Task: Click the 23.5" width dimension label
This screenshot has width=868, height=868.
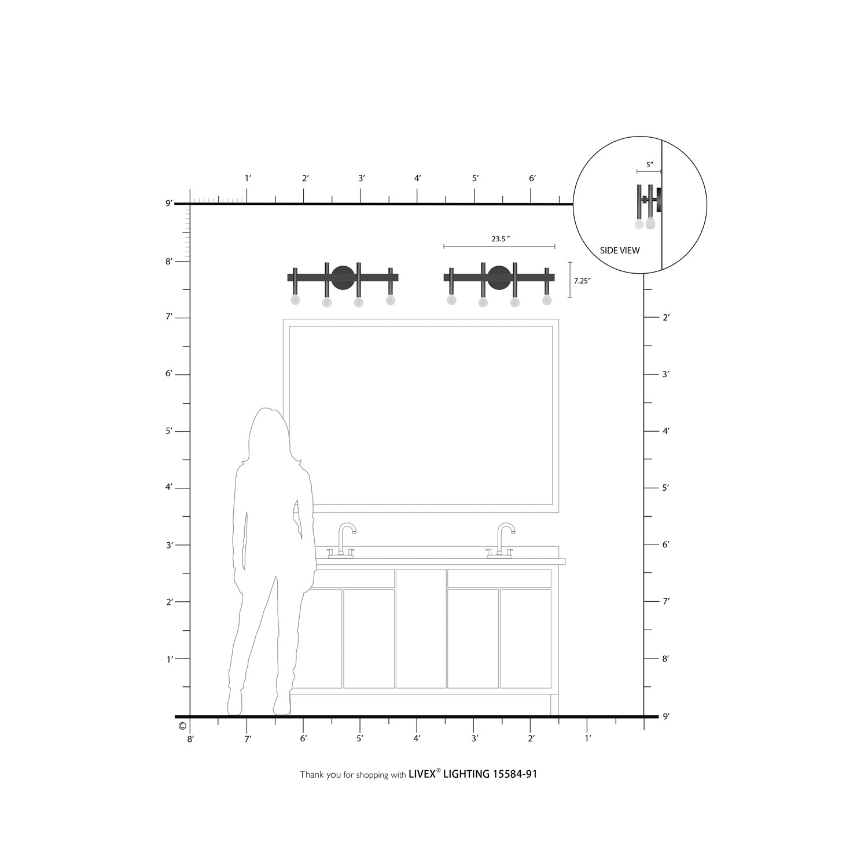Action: [501, 238]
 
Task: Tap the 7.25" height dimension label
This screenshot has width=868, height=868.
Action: [582, 281]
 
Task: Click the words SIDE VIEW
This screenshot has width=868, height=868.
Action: [620, 251]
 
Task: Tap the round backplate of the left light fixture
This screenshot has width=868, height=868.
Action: [343, 277]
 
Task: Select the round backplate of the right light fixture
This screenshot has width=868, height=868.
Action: [499, 277]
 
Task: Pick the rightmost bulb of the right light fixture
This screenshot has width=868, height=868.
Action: [547, 300]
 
